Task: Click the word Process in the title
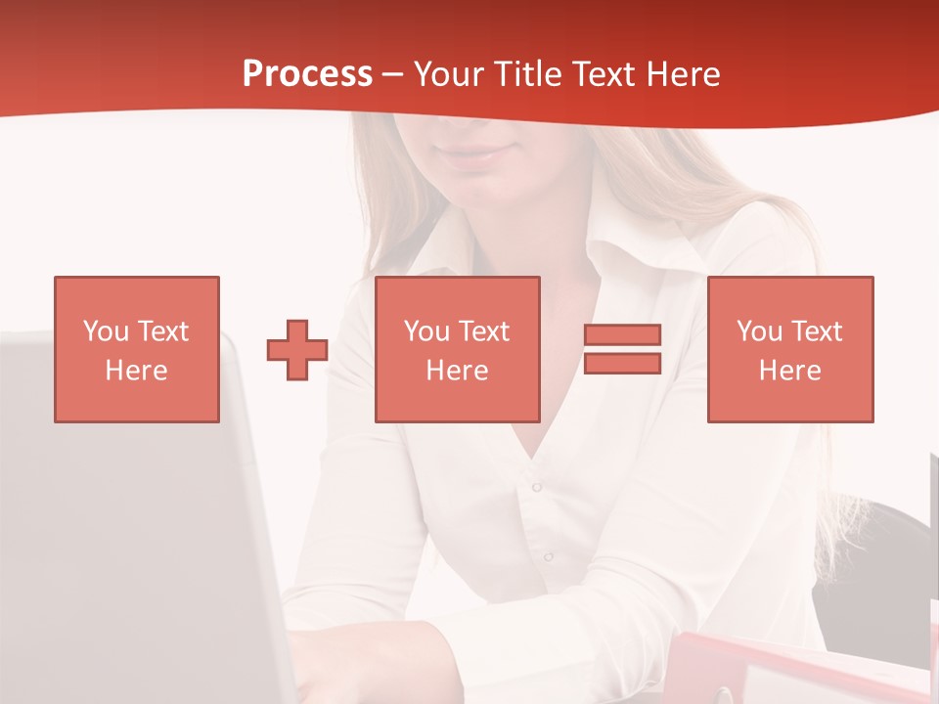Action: click(x=307, y=74)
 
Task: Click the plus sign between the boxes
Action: click(x=297, y=350)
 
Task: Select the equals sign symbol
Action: click(x=622, y=349)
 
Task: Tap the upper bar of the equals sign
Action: click(x=622, y=335)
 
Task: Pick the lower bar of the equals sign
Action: click(x=622, y=363)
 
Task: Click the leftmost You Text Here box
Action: click(x=136, y=349)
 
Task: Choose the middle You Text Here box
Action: click(x=457, y=349)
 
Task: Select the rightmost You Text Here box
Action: click(x=789, y=349)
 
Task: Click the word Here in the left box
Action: click(x=136, y=371)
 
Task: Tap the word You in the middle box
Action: click(x=426, y=331)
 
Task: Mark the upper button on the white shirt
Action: click(x=536, y=487)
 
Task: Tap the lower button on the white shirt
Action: click(x=548, y=556)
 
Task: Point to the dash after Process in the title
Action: click(x=392, y=74)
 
